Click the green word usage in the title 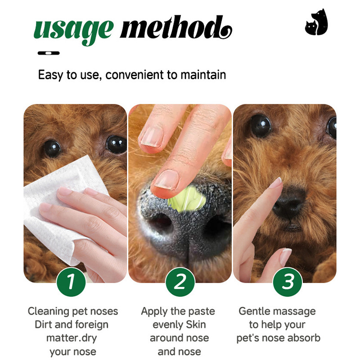coord(73,31)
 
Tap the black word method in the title coord(176,27)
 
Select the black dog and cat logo coord(316,22)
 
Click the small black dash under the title coord(49,53)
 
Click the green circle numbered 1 coord(71,282)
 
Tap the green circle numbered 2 coord(180,282)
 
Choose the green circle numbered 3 coord(288,282)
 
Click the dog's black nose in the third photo coord(290,202)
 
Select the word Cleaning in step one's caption coord(49,311)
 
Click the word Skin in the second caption coord(196,324)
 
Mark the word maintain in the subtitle coord(203,75)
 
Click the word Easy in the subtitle coord(51,75)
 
